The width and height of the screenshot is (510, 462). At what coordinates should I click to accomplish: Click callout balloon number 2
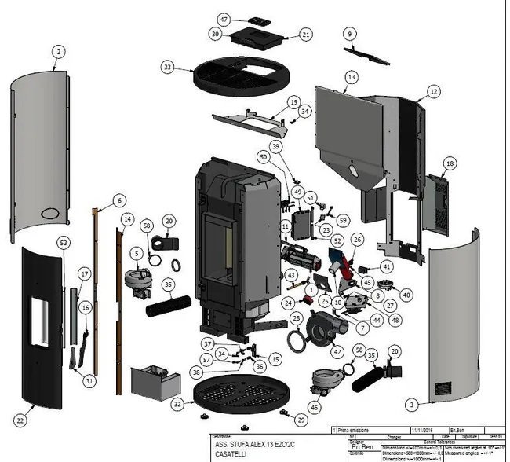coord(58,52)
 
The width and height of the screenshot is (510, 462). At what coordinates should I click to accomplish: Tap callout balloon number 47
coord(224,18)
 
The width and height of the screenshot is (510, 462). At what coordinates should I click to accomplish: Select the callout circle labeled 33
coord(167,68)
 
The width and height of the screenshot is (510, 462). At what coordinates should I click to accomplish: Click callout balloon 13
coord(351,77)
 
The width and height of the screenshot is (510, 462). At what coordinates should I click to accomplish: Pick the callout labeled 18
coord(450,163)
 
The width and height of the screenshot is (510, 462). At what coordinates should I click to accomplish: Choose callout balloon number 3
coord(410,404)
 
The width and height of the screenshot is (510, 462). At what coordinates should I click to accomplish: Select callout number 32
coord(178,403)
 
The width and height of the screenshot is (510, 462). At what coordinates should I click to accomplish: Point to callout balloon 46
coord(315,407)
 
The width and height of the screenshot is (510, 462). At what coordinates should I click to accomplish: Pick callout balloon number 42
coord(337,351)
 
